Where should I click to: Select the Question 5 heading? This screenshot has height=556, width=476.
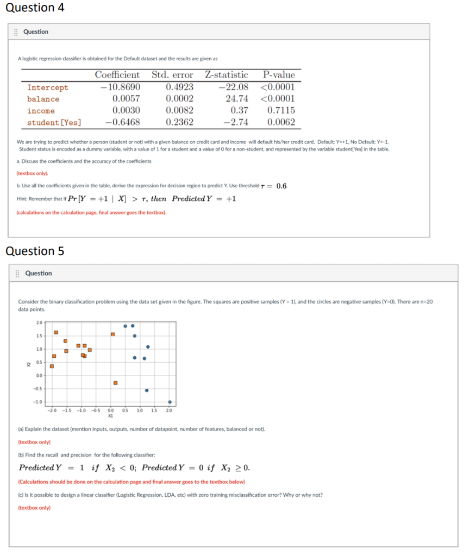(35, 251)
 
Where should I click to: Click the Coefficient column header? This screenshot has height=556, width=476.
(117, 75)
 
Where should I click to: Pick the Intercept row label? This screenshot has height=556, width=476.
(48, 87)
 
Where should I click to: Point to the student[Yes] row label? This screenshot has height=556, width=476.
(54, 122)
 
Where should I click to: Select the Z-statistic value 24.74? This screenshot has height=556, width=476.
(237, 99)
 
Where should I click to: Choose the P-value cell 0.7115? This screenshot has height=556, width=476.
(281, 110)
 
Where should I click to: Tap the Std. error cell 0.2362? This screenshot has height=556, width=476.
(179, 122)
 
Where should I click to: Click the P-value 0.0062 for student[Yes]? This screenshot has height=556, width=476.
(281, 122)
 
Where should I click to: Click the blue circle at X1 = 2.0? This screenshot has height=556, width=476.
(170, 402)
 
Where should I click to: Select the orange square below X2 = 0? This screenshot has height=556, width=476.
(115, 383)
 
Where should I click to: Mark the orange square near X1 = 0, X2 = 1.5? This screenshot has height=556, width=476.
(112, 334)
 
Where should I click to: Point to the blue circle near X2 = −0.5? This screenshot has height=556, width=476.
(147, 390)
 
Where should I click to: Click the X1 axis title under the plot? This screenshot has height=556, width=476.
(110, 415)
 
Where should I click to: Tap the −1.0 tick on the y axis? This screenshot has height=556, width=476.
(38, 402)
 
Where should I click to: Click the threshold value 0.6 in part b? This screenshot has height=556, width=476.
(281, 186)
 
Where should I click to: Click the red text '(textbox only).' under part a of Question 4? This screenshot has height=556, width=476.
(33, 173)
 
